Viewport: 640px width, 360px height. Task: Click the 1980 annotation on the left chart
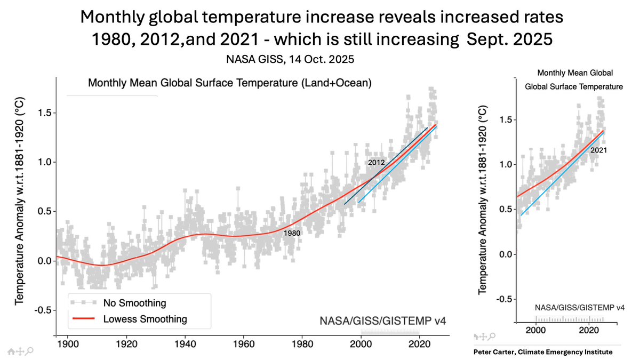click(292, 233)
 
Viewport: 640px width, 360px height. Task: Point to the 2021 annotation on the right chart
click(598, 150)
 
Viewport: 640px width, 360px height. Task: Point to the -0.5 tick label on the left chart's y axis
click(44, 310)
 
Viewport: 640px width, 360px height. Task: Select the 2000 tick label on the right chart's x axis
click(536, 330)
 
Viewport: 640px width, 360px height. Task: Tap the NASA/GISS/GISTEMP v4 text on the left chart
click(382, 321)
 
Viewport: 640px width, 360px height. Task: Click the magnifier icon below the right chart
click(492, 337)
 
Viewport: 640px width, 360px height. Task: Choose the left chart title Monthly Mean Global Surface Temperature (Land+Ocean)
click(229, 84)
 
